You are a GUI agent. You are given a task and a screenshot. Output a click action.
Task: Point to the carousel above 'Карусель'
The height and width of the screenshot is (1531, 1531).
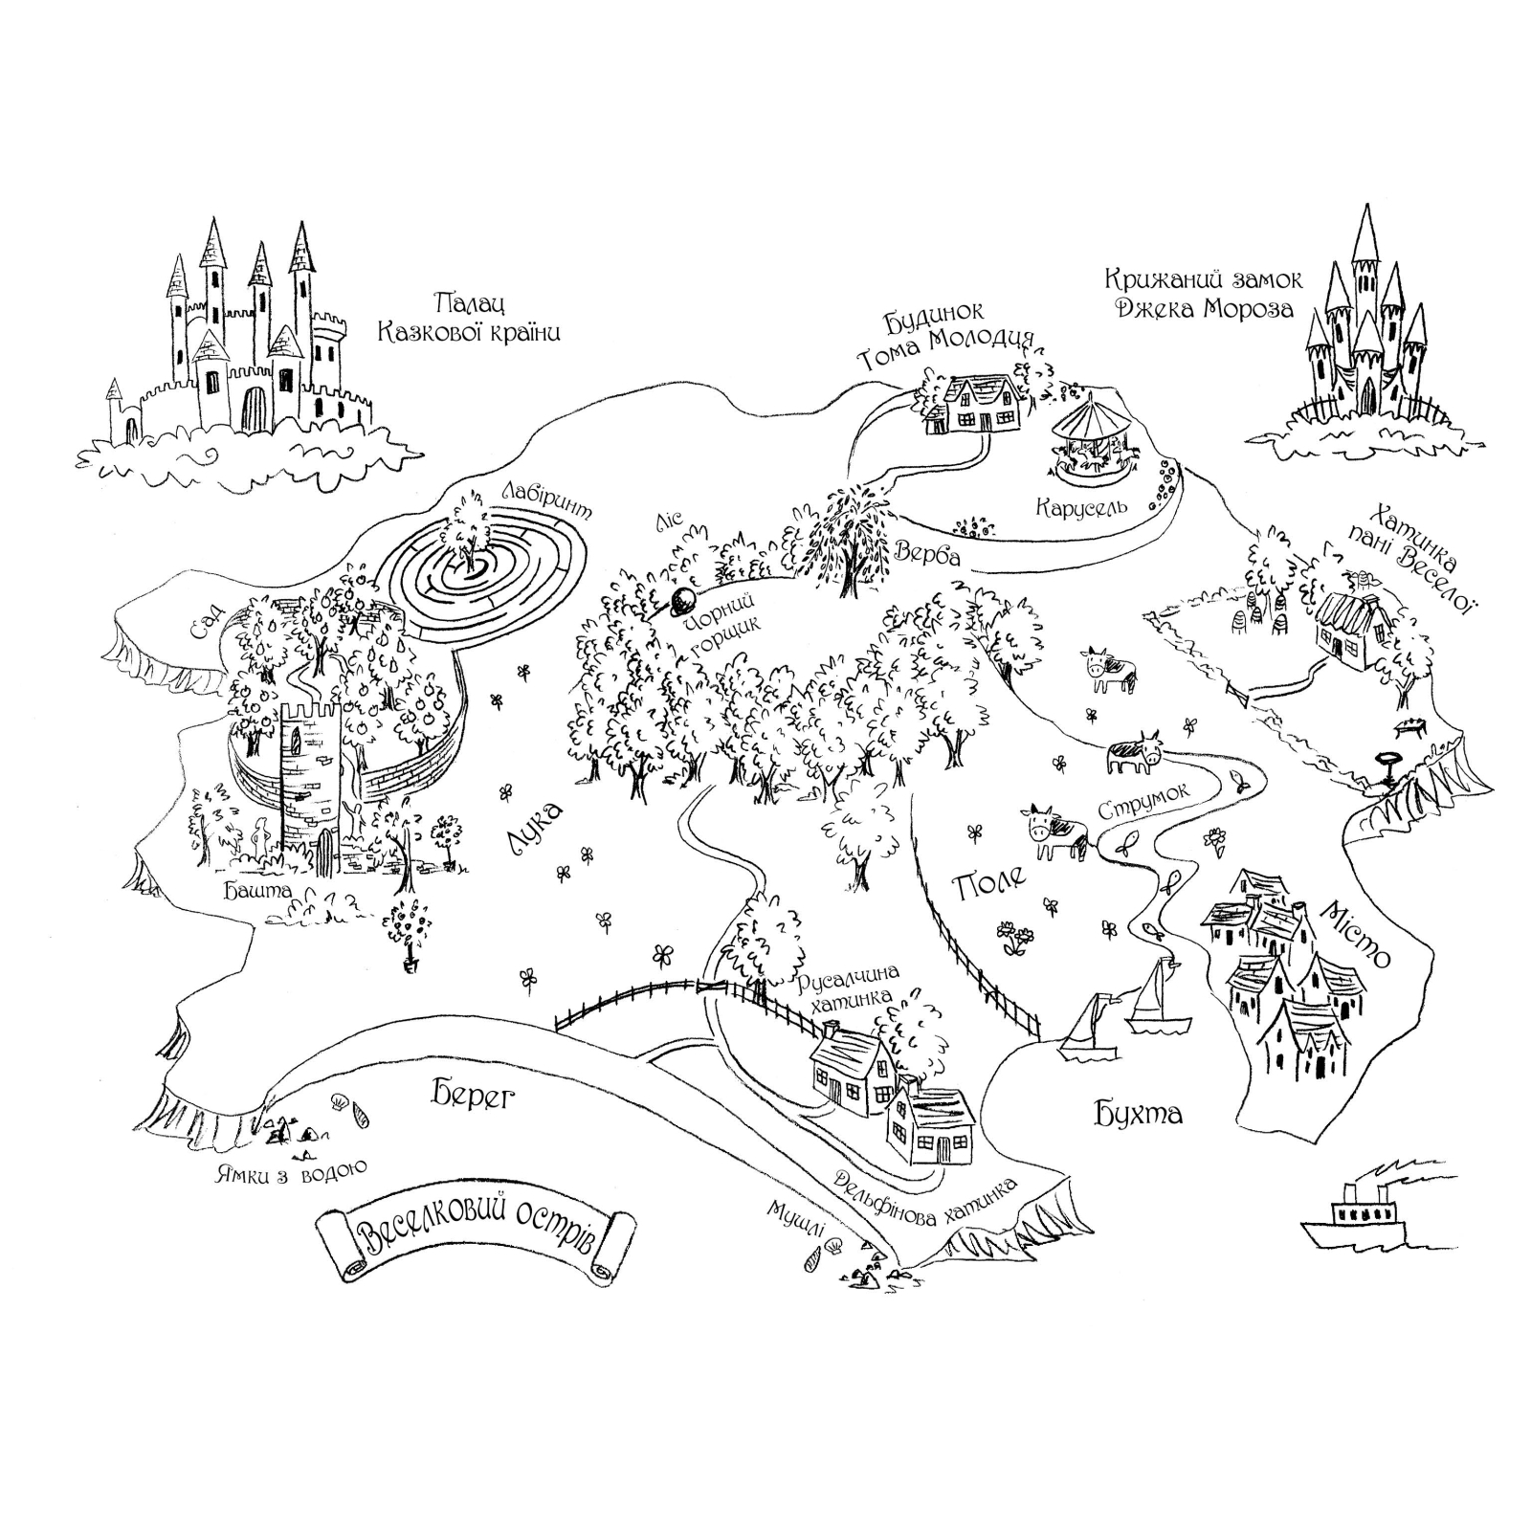pos(1094,439)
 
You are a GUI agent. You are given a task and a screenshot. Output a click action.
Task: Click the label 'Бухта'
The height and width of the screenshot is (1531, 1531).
pos(1139,1113)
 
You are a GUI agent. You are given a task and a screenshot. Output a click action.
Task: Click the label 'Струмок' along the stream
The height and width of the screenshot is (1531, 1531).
pos(1143,801)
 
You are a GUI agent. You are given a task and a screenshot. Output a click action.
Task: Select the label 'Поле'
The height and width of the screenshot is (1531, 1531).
pos(990,881)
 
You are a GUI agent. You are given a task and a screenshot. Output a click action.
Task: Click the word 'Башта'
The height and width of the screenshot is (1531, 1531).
pos(257,891)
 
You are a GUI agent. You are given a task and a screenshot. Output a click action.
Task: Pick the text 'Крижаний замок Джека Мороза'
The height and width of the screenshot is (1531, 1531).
pos(1203,294)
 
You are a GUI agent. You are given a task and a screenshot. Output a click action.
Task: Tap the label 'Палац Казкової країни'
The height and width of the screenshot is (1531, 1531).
pos(469,319)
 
